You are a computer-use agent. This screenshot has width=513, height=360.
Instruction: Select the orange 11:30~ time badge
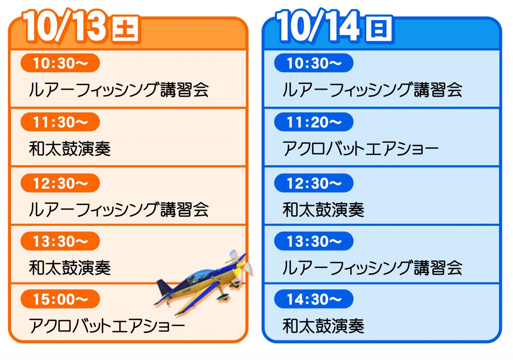[x=60, y=122]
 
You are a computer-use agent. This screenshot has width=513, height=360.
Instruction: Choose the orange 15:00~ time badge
[x=60, y=299]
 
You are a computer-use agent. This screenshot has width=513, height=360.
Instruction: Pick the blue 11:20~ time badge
[x=314, y=122]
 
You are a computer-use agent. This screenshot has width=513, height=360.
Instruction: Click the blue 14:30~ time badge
[x=314, y=299]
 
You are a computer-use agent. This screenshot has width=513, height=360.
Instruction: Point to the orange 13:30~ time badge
[x=60, y=241]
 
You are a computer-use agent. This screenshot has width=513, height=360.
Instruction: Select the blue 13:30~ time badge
[x=314, y=241]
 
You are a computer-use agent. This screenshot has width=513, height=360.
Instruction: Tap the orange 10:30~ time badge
[x=60, y=63]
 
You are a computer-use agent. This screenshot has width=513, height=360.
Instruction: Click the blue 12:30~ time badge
[x=314, y=183]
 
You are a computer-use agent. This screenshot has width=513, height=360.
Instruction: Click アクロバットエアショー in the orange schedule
[x=107, y=325]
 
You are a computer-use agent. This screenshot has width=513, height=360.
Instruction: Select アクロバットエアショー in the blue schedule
[x=361, y=149]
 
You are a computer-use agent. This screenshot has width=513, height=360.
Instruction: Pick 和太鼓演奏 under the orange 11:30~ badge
[x=70, y=149]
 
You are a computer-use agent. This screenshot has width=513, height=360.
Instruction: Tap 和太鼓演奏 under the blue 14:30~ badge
[x=324, y=325]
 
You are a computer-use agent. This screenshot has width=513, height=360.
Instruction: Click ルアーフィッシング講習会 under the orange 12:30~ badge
[x=119, y=210]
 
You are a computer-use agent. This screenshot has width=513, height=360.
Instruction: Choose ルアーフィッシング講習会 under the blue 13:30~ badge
[x=372, y=268]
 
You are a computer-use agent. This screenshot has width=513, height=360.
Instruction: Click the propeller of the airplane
[x=241, y=265]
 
